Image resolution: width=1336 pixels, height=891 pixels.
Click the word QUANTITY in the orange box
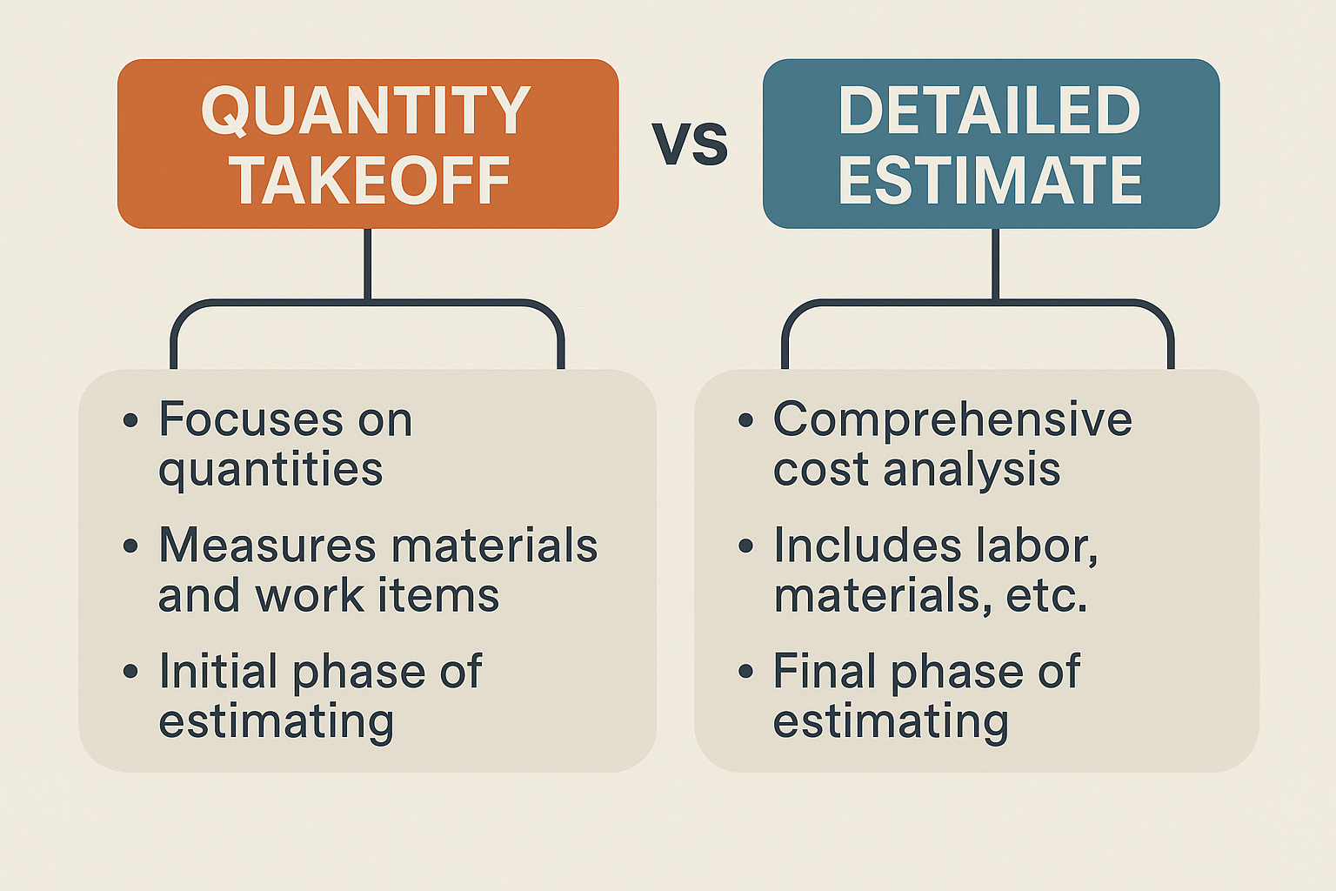[x=365, y=111]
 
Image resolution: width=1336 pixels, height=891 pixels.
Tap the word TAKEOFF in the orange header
[x=369, y=180]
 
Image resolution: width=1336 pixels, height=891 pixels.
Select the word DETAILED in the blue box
[x=990, y=111]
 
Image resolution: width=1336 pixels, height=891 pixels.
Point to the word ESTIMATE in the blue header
[x=990, y=180]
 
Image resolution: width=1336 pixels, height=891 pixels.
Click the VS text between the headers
[x=690, y=144]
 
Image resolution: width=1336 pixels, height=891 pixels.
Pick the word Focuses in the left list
[x=251, y=419]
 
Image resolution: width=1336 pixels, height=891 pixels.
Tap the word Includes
[x=868, y=545]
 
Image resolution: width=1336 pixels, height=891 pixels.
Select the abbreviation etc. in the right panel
[x=1046, y=595]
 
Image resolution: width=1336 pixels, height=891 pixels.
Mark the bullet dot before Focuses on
[x=130, y=420]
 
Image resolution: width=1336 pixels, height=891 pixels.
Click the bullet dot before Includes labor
[x=745, y=546]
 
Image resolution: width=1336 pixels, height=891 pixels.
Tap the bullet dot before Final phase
[x=745, y=672]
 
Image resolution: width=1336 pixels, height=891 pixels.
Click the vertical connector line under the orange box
[x=367, y=264]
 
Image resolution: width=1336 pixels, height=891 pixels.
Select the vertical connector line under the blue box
[x=995, y=264]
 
